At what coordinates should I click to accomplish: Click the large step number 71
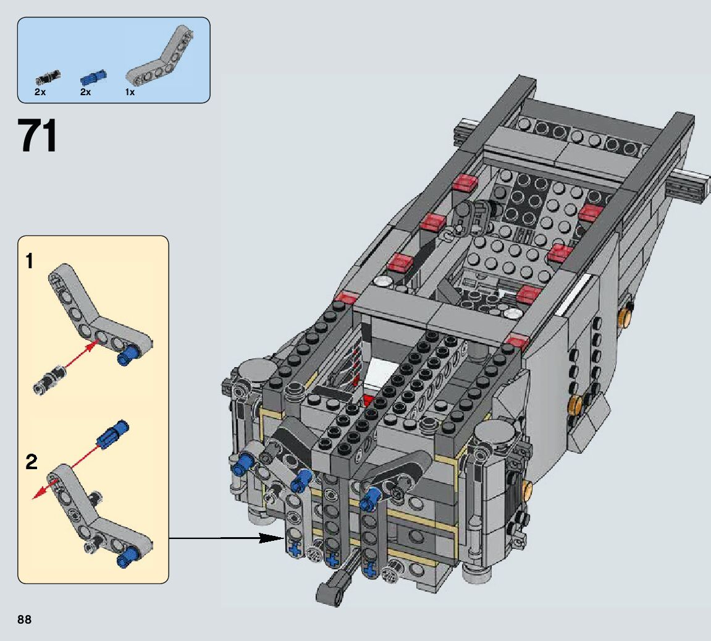[x=38, y=135]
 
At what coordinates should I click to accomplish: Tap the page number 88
[x=25, y=619]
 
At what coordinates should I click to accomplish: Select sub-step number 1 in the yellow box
[x=30, y=261]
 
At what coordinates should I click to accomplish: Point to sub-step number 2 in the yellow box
[x=32, y=462]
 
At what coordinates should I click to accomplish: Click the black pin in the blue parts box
[x=48, y=77]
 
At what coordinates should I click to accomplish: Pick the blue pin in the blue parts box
[x=93, y=77]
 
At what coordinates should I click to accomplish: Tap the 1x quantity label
[x=130, y=92]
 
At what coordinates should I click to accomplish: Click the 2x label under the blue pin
[x=85, y=92]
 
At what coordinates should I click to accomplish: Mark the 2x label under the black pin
[x=40, y=92]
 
